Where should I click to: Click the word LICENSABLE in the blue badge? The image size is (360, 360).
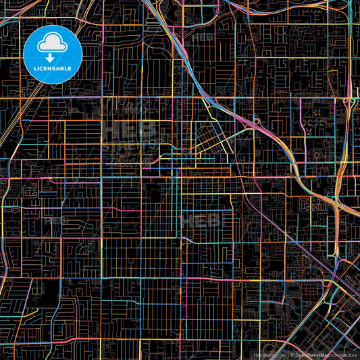tap(53, 67)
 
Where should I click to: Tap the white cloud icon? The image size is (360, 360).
tap(53, 45)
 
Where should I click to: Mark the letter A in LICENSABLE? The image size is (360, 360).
tap(61, 67)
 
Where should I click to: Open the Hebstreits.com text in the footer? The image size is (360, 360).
tap(269, 355)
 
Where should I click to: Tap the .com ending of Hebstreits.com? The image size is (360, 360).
tap(280, 355)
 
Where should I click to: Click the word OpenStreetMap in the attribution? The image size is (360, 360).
tap(311, 355)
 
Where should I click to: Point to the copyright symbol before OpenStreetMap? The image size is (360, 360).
tap(292, 355)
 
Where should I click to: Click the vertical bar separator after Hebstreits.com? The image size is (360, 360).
tap(287, 355)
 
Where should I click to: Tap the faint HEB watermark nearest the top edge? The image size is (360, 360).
tap(202, 37)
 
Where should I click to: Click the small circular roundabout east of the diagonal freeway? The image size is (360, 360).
tap(316, 155)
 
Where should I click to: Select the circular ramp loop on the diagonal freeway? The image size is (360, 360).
tap(257, 121)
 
